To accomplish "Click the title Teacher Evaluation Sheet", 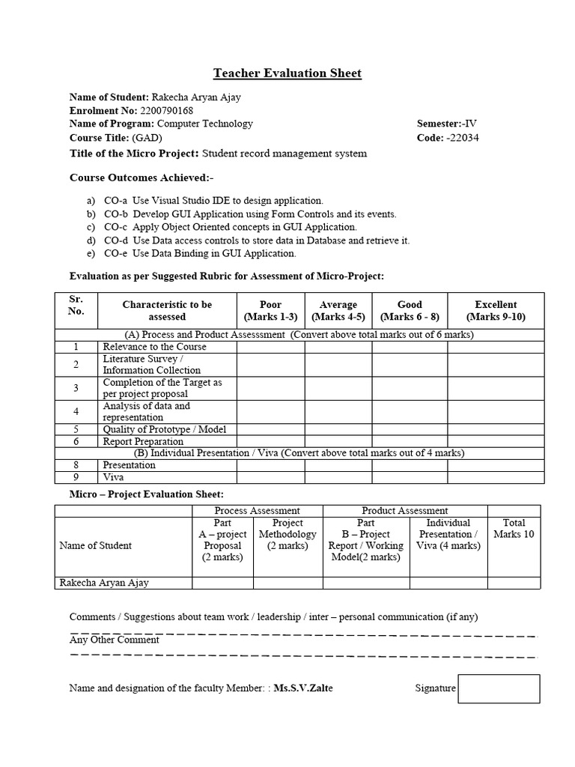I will click(287, 73).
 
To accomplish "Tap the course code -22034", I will click(463, 138).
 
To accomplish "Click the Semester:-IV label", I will click(448, 124).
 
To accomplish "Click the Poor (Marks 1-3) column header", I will click(270, 311).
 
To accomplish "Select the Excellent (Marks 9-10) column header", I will click(496, 311).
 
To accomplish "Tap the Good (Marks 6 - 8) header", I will click(410, 311).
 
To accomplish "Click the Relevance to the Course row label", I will click(154, 347).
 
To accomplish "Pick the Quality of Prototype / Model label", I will click(164, 430).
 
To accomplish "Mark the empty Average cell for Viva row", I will click(338, 477).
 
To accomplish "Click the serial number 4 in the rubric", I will click(76, 412).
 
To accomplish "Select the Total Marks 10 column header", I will click(514, 529).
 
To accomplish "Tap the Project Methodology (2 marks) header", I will click(287, 534).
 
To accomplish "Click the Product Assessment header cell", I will click(405, 511).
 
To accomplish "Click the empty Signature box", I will click(499, 688).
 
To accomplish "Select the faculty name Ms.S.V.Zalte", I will click(304, 688).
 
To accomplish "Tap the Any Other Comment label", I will click(115, 640).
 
